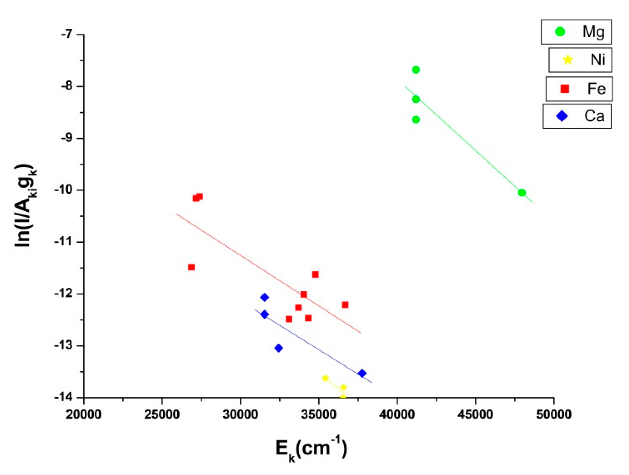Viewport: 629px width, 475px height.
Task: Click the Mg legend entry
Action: [x=576, y=32]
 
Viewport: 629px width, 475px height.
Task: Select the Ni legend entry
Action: [x=580, y=60]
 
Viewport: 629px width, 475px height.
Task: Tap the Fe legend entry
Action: [x=579, y=89]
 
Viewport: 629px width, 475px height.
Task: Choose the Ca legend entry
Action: [x=577, y=116]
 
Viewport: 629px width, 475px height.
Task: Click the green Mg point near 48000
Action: [x=522, y=193]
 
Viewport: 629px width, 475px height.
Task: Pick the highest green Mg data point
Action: [x=416, y=70]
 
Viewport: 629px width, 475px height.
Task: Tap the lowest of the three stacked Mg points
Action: [x=416, y=120]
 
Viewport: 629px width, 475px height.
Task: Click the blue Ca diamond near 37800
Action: [x=362, y=373]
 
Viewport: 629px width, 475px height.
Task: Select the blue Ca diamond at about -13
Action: [x=279, y=348]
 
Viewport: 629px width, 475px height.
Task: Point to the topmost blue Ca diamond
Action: [x=265, y=298]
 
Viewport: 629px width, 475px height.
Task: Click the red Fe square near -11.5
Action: [x=191, y=267]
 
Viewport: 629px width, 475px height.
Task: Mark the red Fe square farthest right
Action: [x=345, y=305]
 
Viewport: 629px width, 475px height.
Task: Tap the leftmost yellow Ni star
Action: [x=325, y=378]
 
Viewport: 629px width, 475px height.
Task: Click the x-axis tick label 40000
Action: [x=397, y=415]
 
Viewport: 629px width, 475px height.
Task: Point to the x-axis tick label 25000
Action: [x=162, y=415]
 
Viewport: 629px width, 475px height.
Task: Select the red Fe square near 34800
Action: [x=315, y=275]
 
